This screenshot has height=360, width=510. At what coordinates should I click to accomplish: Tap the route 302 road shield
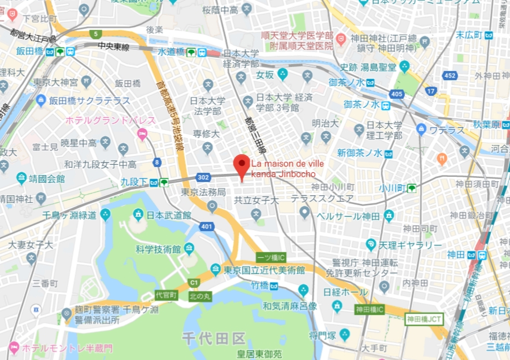(203, 177)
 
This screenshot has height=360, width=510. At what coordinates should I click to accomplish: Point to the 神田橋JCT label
(424, 318)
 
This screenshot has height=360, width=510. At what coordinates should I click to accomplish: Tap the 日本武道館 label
(169, 215)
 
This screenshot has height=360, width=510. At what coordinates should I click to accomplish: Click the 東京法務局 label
(203, 192)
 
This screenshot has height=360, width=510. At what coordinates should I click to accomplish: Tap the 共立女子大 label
(256, 201)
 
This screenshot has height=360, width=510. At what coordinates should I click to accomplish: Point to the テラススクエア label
(322, 199)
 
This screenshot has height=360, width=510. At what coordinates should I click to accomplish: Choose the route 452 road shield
(449, 76)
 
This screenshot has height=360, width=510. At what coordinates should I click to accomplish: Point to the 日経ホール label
(345, 292)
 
